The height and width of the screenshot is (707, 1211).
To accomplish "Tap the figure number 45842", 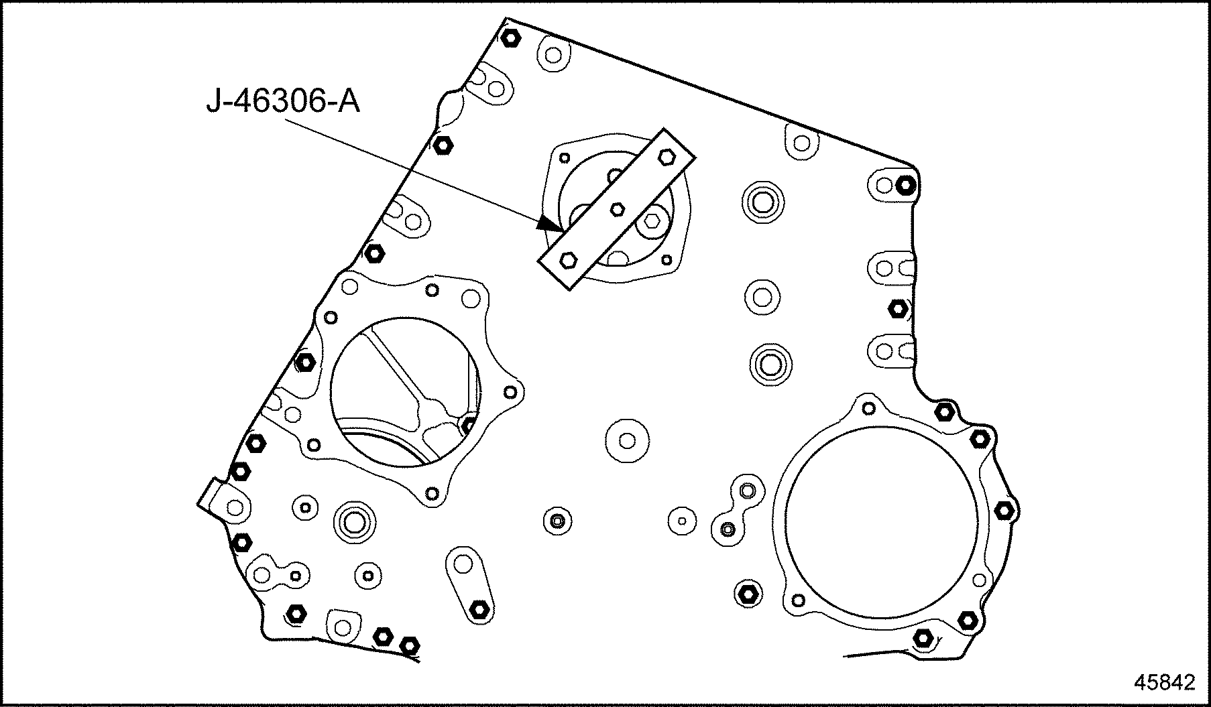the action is pos(1165,682).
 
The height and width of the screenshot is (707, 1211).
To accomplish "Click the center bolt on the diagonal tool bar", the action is pos(618,210).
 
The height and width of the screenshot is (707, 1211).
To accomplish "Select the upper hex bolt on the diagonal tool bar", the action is pos(666,157).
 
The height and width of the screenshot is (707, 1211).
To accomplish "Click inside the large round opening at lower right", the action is pos(880,521).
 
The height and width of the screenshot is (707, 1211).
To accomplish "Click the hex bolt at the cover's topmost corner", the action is pos(510,38).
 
